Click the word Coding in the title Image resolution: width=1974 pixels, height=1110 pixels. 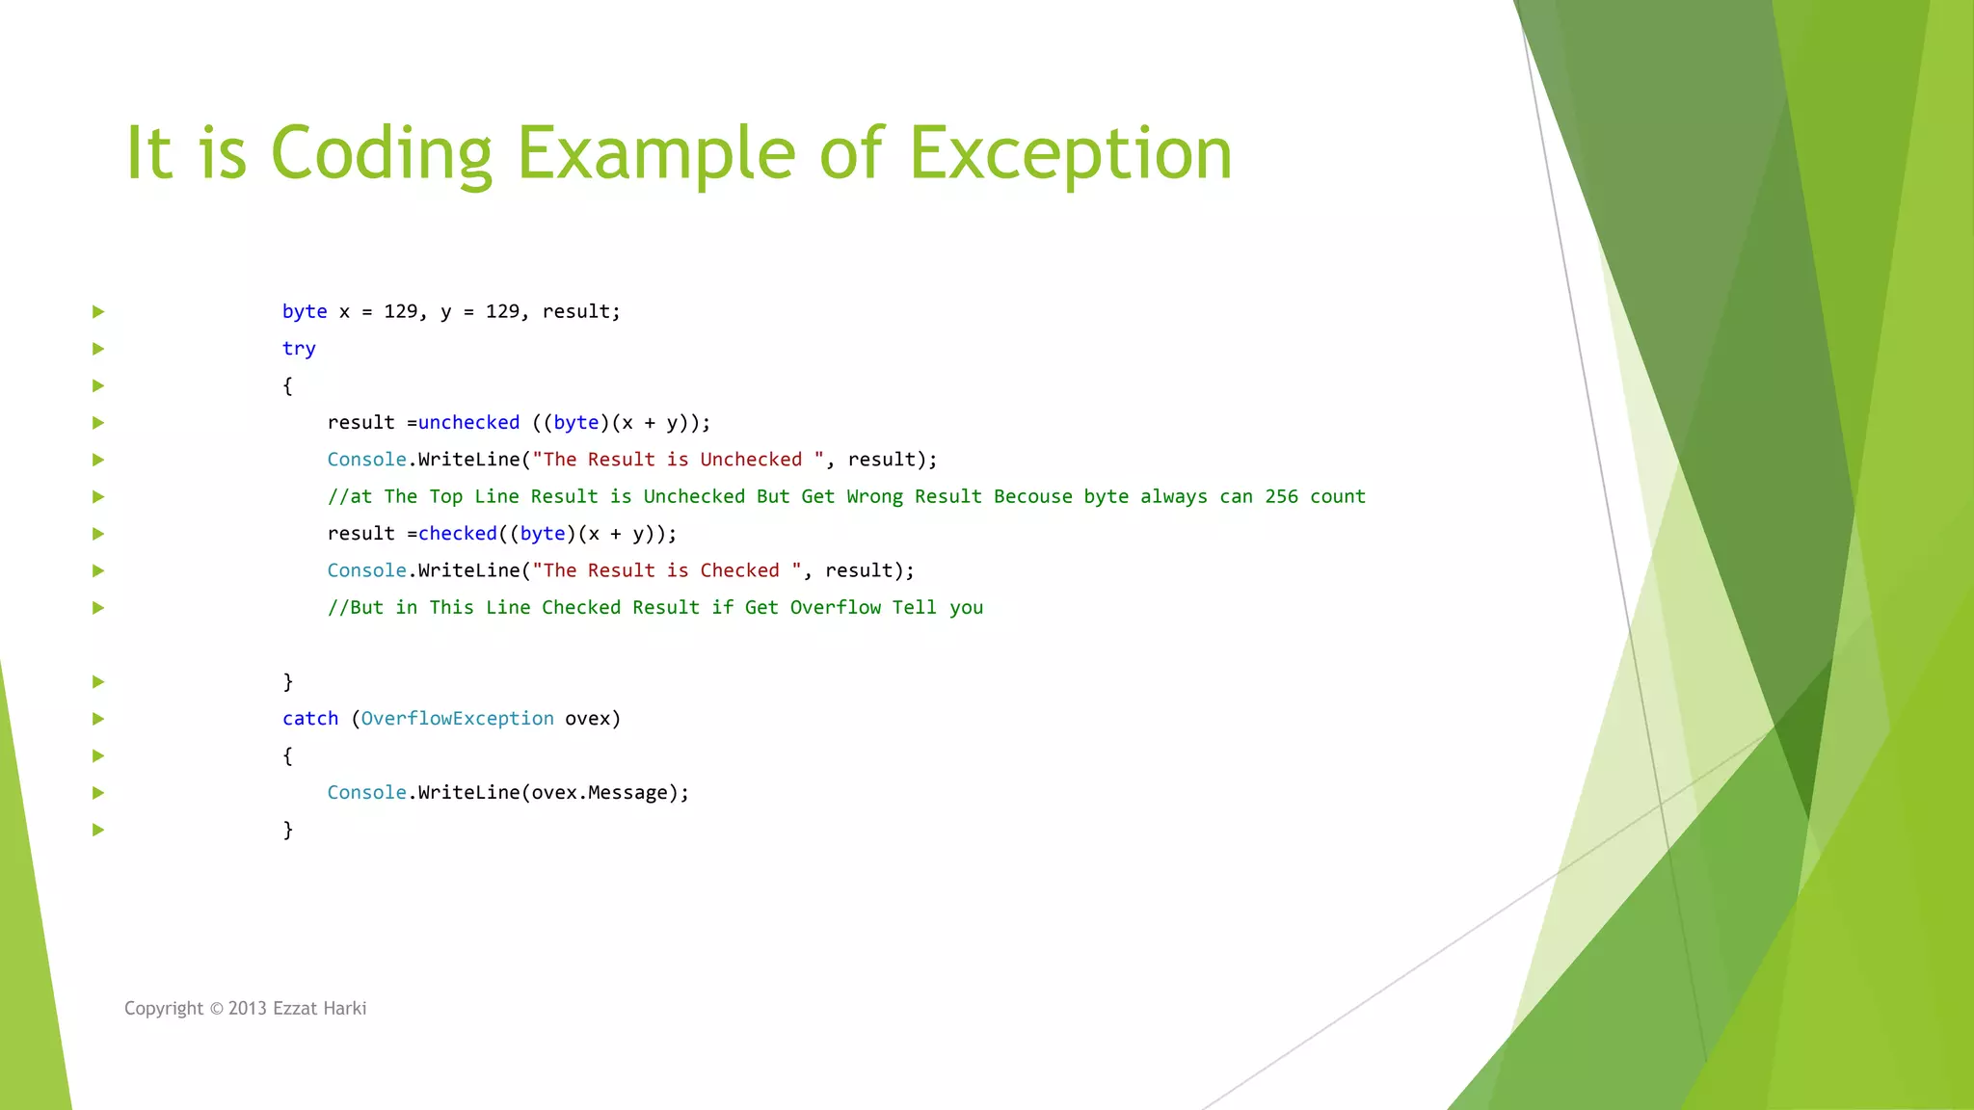coord(381,154)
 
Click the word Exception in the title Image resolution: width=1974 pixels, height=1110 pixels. coord(1070,154)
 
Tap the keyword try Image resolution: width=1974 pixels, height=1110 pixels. coord(299,349)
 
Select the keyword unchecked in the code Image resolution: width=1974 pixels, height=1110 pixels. coord(468,423)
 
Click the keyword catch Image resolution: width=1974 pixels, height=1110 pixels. coord(310,719)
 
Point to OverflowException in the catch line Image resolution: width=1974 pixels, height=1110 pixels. coord(457,719)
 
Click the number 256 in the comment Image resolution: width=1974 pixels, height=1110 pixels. coord(1281,497)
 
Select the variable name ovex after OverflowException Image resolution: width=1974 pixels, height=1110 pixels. coord(587,719)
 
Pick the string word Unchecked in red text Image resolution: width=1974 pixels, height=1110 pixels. coord(751,460)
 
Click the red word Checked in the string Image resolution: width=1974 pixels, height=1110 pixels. coord(739,570)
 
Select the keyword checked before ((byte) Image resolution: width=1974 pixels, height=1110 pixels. coord(457,534)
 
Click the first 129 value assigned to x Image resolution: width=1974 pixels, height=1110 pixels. coord(400,312)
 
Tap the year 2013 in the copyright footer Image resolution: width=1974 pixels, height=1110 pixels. coord(247,1009)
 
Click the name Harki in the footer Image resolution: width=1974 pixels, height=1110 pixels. coord(344,1009)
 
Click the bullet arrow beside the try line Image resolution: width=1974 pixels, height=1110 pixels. coord(98,349)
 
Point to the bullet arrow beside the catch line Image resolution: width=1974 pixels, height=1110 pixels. coord(98,719)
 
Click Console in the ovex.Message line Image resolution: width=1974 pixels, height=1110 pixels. coord(366,793)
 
